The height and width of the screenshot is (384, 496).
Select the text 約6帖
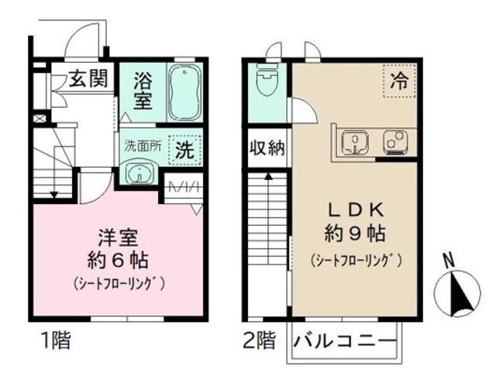[x=118, y=258]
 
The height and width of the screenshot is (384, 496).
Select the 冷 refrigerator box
[x=399, y=81]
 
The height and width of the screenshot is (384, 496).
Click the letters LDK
[x=356, y=209]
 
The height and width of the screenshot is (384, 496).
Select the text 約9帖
[x=356, y=233]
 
